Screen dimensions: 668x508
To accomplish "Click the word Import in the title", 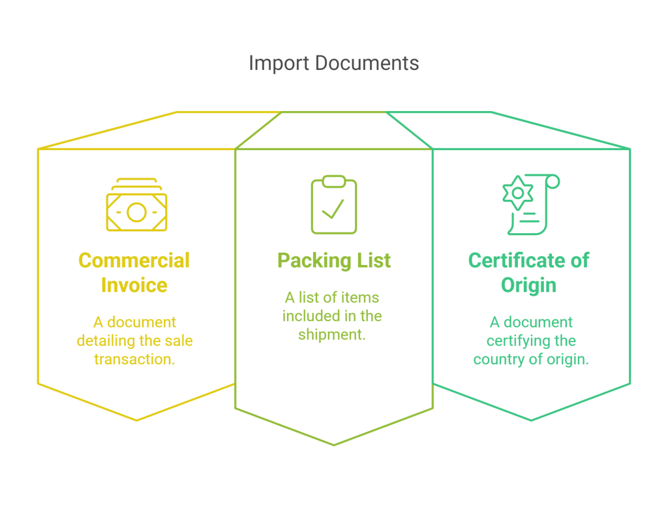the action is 279,63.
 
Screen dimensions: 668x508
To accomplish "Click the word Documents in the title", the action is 367,63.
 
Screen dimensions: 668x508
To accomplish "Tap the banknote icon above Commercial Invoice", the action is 137,205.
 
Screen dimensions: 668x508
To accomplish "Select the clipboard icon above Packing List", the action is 334,204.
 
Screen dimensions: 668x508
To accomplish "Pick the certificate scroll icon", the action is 531,204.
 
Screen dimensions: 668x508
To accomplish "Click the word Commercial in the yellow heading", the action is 134,261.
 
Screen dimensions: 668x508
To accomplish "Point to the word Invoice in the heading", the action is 134,285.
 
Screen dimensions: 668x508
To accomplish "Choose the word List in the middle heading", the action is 374,260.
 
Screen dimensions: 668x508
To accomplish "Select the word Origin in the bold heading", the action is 528,285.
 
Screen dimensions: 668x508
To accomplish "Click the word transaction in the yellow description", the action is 134,359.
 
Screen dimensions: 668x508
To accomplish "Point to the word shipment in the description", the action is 332,335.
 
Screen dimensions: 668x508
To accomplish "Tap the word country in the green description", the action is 498,360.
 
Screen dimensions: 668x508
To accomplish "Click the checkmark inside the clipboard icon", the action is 333,209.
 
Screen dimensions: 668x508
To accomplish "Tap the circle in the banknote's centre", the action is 136,212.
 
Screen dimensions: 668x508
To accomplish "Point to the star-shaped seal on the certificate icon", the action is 517,193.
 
